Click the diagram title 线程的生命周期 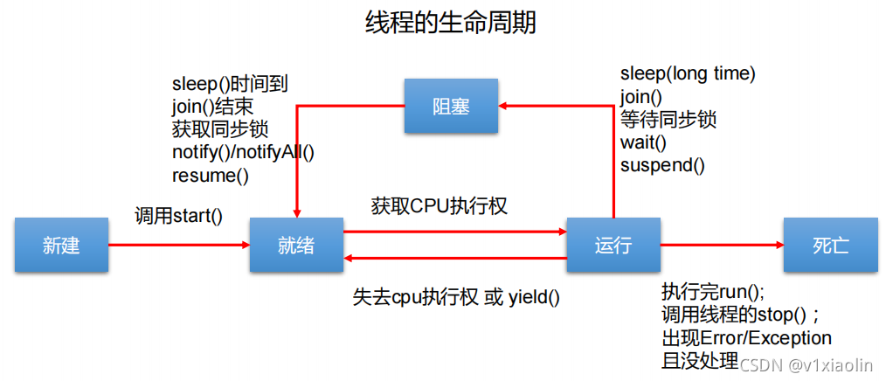click(x=450, y=24)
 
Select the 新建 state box click(x=61, y=246)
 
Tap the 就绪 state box click(x=295, y=246)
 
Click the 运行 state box click(x=613, y=246)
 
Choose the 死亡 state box click(x=830, y=246)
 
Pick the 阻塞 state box click(x=451, y=107)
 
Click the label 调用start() click(x=178, y=215)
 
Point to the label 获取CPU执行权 click(x=439, y=207)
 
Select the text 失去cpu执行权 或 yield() click(x=456, y=297)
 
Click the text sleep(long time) click(x=688, y=73)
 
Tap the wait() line click(x=643, y=142)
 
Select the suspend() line click(x=662, y=164)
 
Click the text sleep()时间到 click(x=230, y=85)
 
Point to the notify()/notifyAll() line click(x=243, y=152)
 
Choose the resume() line click(x=211, y=175)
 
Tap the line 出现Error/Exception click(x=746, y=337)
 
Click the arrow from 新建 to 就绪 click(x=179, y=246)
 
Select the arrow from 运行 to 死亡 click(x=722, y=246)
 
